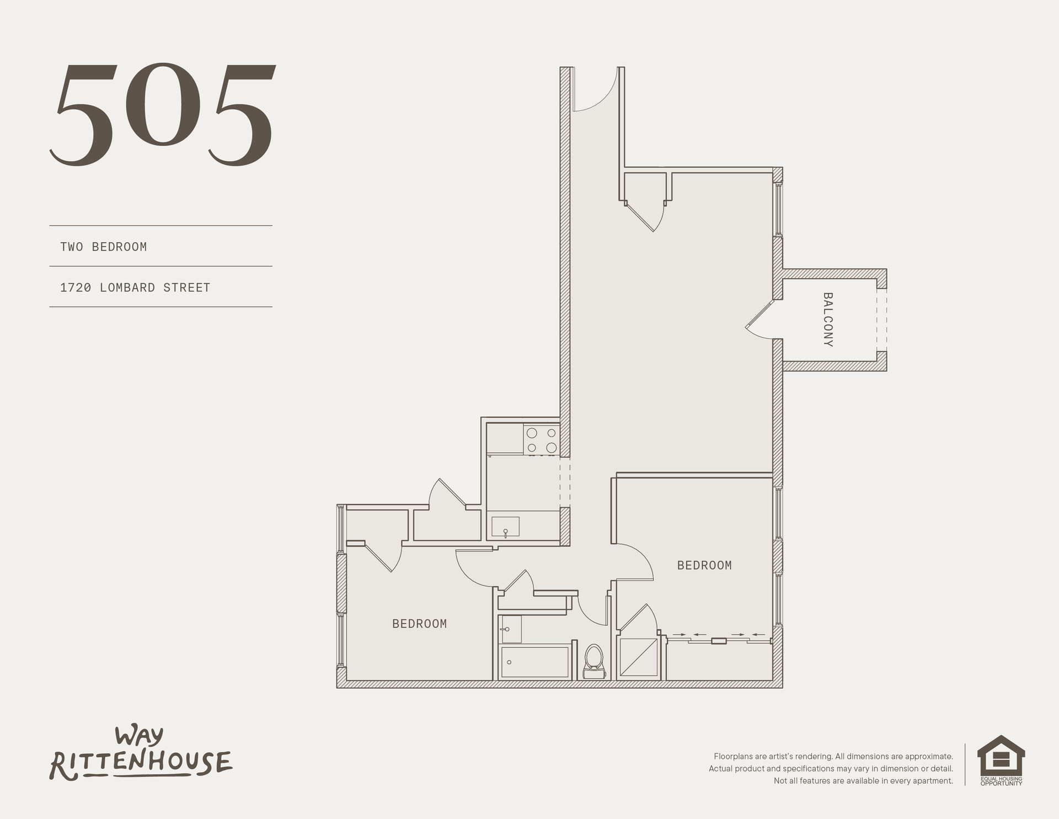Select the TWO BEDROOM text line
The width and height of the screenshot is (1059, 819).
pos(104,247)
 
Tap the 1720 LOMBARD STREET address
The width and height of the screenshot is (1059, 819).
pos(135,288)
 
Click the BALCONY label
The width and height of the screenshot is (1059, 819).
pos(828,320)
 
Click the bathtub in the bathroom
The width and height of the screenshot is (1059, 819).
pos(534,662)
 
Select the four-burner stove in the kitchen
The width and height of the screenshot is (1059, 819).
pos(541,440)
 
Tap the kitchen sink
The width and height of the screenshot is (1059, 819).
pos(505,526)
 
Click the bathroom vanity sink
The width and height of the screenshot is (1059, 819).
pos(510,629)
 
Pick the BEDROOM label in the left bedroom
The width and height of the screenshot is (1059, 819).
pos(419,624)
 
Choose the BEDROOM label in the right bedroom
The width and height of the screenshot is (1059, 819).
pos(704,565)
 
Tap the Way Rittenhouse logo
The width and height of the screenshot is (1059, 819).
pos(141,754)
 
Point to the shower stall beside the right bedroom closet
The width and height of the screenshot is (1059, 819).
pos(639,657)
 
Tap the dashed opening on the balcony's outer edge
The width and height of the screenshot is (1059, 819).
pos(881,320)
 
